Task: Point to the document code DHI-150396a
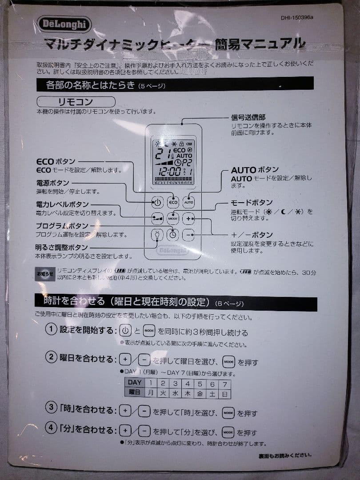click(297, 18)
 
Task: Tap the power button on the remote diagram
click(157, 202)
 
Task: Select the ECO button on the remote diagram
click(173, 202)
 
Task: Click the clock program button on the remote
click(173, 234)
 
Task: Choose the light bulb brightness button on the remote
click(157, 234)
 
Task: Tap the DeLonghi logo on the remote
click(172, 251)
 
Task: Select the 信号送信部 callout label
click(248, 117)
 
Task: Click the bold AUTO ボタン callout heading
click(255, 170)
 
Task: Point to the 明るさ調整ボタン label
click(62, 248)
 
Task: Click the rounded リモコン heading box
click(76, 102)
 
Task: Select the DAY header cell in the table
click(135, 383)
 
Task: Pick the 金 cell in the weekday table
click(200, 393)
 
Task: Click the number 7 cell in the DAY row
click(225, 383)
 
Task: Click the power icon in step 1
click(126, 331)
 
